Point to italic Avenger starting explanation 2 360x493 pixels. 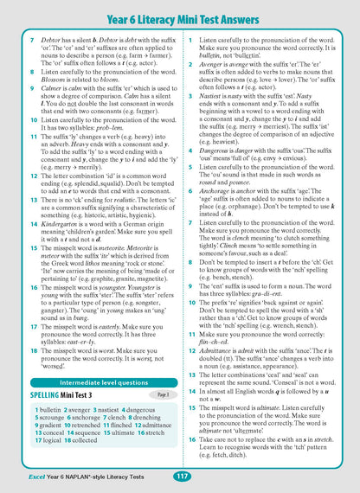pos(214,64)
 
